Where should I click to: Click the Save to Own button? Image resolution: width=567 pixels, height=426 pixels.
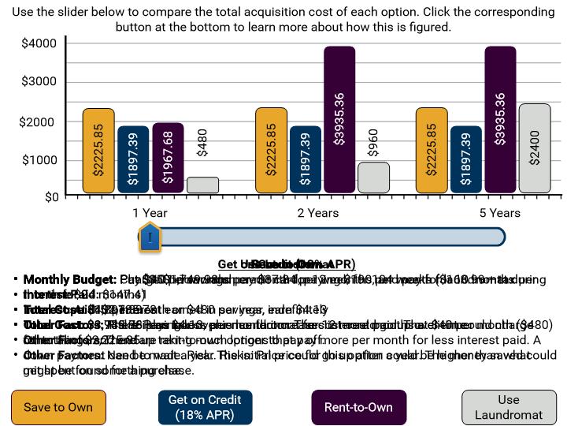[58, 407]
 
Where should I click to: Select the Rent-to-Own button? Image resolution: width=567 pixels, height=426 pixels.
[358, 407]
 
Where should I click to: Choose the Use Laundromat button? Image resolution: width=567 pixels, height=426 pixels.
[509, 407]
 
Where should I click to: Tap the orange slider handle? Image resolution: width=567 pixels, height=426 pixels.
[150, 237]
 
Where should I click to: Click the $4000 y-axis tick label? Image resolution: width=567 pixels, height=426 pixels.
[39, 43]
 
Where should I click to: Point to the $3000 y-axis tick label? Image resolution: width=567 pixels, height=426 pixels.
[39, 82]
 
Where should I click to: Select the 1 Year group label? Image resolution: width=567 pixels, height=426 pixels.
[150, 213]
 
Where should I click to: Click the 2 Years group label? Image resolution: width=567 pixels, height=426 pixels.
[318, 213]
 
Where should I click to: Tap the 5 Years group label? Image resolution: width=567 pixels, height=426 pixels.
[499, 213]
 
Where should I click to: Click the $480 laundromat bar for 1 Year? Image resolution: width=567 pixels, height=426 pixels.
[202, 185]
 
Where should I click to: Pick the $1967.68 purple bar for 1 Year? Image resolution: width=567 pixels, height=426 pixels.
[168, 158]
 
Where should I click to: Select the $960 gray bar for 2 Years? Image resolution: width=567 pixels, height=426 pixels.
[373, 177]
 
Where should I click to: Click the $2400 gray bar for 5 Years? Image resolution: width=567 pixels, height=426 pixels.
[535, 148]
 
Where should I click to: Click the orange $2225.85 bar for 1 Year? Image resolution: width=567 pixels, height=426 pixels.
[98, 151]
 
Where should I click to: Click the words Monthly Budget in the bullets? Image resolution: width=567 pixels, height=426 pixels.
[69, 279]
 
